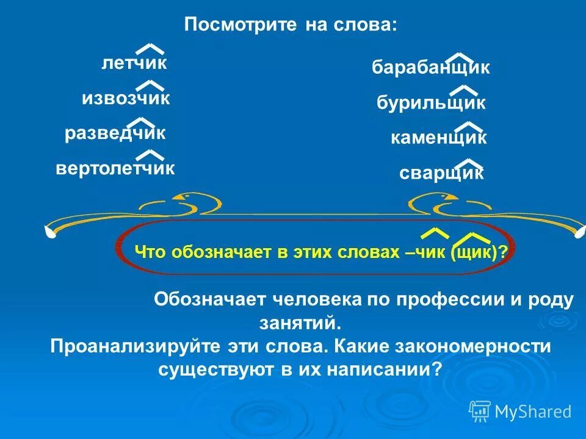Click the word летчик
[134, 63]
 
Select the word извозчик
[126, 98]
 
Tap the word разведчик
[115, 133]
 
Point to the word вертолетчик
[115, 168]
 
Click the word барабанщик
[431, 68]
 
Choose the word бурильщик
[431, 103]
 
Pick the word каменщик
[439, 138]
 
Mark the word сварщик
[441, 174]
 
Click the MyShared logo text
[532, 412]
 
